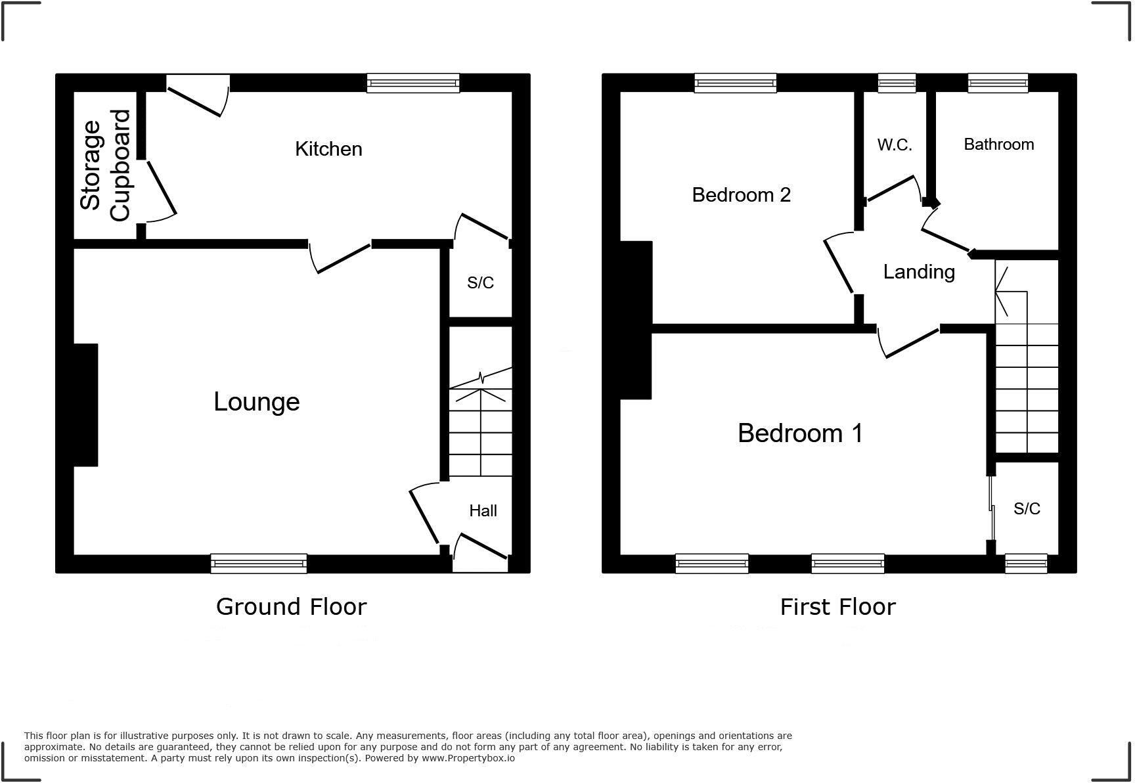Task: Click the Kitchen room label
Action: [328, 149]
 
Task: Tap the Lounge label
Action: [257, 401]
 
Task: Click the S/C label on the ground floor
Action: [480, 282]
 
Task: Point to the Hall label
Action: [483, 510]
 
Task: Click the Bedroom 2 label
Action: [741, 194]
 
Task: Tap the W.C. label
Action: [894, 145]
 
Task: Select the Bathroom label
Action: [998, 145]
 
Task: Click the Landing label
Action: [918, 271]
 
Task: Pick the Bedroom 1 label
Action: [800, 434]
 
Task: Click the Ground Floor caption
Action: [291, 606]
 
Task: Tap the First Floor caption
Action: [837, 606]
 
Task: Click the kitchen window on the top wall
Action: [412, 83]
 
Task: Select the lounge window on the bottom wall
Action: [259, 563]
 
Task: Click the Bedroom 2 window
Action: [736, 83]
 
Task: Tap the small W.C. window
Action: [897, 83]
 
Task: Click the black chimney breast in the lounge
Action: [85, 405]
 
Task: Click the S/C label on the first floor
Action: [1027, 508]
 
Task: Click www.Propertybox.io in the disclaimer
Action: [468, 758]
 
